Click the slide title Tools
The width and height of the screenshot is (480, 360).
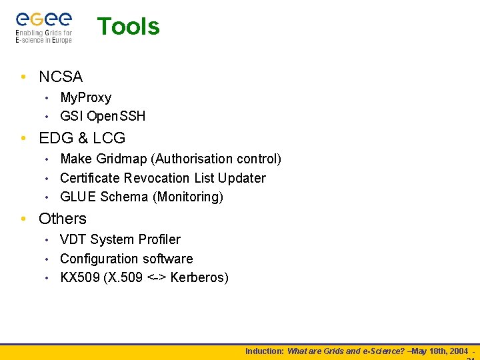129,27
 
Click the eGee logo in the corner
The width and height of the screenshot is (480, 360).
44,27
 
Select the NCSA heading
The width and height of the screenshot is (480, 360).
61,77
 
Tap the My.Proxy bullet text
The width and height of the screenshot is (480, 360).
85,97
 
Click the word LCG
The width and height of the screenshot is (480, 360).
109,138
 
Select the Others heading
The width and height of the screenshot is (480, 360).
63,219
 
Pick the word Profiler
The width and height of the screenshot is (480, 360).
159,239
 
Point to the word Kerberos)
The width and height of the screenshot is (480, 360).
199,277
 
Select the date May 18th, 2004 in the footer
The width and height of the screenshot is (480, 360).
440,351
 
